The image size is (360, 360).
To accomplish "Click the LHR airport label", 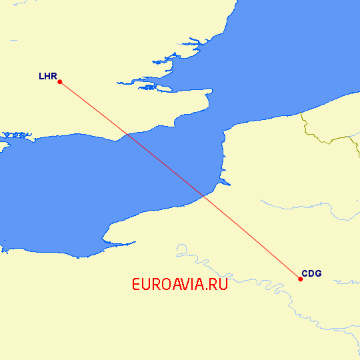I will click(x=47, y=76).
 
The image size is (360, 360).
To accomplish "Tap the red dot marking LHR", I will click(x=60, y=82).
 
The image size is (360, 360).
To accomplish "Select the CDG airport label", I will click(x=311, y=273).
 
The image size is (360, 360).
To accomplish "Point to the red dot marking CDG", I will click(x=300, y=279).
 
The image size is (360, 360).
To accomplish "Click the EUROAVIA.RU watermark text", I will click(x=180, y=285).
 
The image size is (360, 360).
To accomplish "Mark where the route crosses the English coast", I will click(x=126, y=135).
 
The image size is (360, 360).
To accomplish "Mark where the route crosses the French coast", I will click(x=203, y=196).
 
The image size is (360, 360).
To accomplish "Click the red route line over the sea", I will click(x=167, y=167).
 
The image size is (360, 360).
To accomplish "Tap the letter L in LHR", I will click(x=41, y=76).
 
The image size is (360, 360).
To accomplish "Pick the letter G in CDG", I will click(x=317, y=273).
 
